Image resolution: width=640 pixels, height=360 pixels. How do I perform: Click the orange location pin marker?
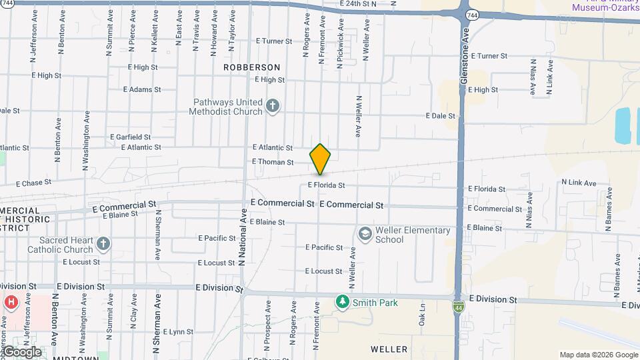(320, 159)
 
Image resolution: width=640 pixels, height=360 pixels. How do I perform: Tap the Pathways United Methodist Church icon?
(272, 105)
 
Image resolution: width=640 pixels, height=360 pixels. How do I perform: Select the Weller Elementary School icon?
(365, 234)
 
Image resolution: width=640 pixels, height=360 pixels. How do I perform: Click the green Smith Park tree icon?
(343, 303)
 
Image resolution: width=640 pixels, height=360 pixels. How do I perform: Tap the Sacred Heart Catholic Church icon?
(103, 244)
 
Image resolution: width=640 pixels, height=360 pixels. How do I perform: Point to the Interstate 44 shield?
(459, 307)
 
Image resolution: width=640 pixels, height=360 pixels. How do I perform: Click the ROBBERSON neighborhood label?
(251, 67)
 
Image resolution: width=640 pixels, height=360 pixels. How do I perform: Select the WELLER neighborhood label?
(389, 349)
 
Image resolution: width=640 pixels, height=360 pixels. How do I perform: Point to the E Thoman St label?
(273, 162)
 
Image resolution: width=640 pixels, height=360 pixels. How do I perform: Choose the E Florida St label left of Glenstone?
(326, 185)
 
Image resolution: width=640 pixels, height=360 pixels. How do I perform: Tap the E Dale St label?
(440, 116)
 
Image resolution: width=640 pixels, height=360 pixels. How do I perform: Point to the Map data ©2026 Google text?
(598, 355)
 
